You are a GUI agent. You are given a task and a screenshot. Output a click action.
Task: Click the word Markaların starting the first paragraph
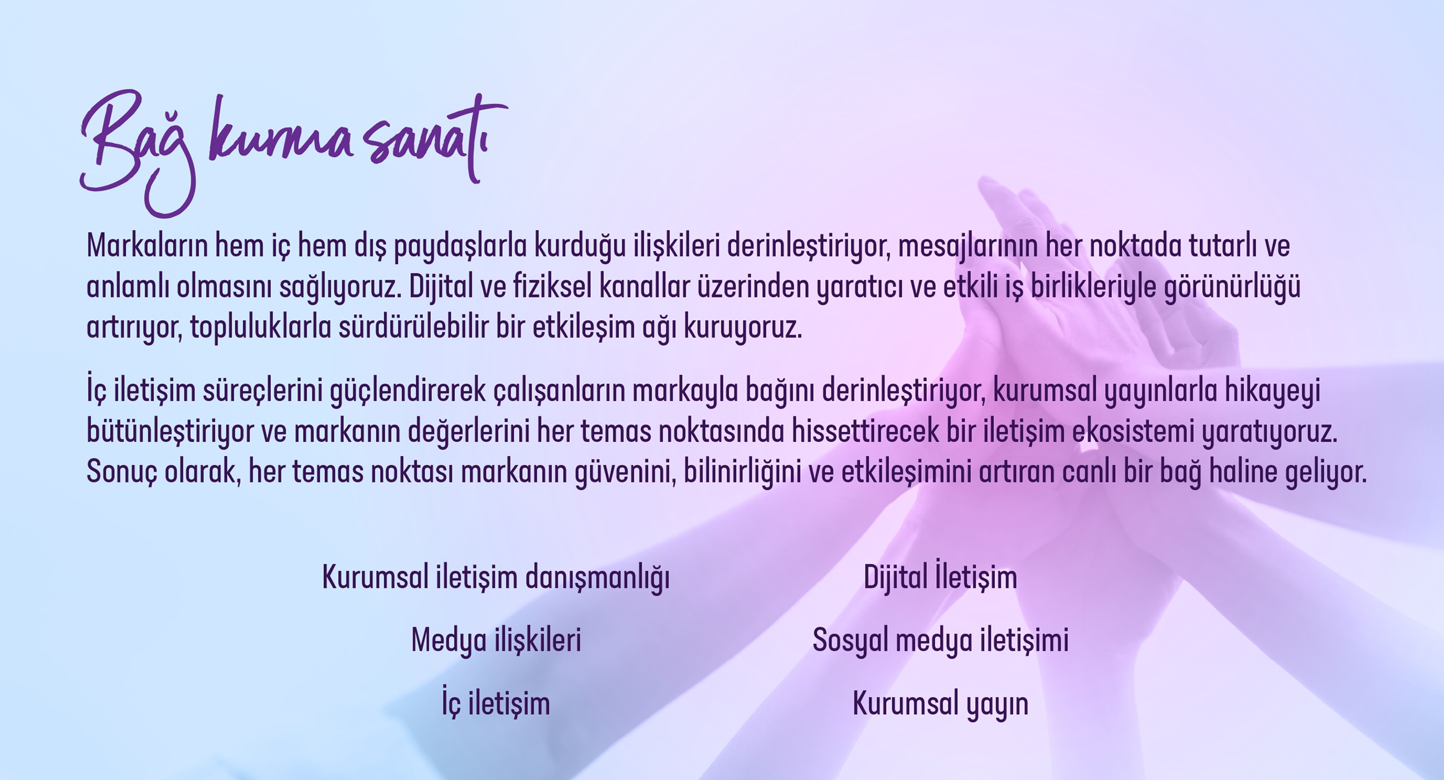coord(147,246)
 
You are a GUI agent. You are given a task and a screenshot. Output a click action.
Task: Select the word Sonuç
coord(121,472)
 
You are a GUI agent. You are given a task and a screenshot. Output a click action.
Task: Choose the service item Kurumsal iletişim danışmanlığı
coord(496,578)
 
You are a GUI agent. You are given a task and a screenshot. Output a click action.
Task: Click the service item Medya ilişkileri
coord(496,641)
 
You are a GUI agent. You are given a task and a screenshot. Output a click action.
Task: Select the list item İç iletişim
coord(495,704)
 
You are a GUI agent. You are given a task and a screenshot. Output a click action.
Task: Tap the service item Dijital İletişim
coord(940,578)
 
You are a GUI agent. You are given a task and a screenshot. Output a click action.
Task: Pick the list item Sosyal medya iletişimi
coord(940,641)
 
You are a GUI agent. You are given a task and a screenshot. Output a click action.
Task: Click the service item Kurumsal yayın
coord(940,704)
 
